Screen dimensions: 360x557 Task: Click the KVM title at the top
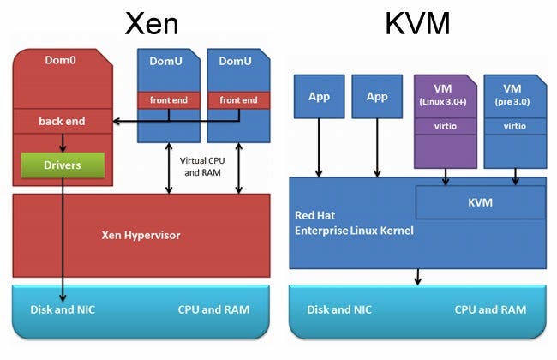418,23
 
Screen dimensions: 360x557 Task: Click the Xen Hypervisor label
141,234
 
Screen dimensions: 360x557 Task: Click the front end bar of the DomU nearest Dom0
169,100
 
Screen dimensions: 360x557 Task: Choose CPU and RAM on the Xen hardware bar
214,309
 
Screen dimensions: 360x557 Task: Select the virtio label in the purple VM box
445,126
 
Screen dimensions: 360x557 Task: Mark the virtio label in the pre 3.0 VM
515,126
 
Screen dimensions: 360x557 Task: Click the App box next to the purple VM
378,96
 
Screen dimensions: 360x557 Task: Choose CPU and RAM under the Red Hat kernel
491,309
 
